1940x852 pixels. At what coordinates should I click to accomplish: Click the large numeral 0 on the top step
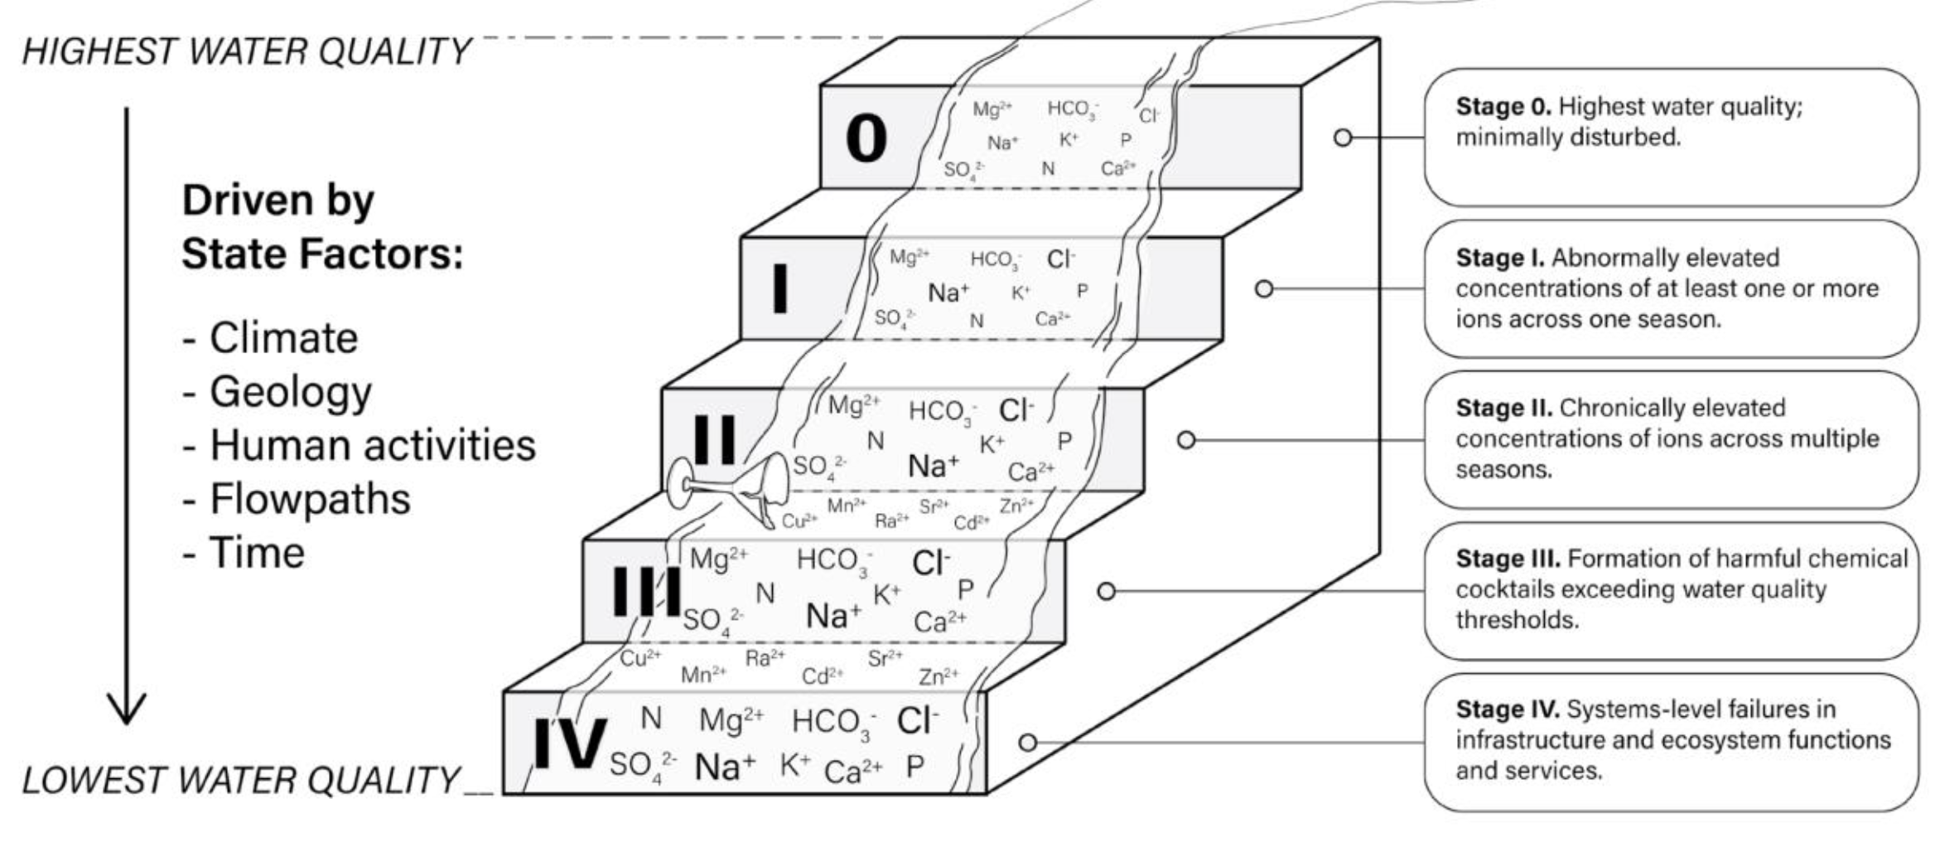click(866, 138)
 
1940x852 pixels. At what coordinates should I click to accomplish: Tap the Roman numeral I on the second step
click(779, 288)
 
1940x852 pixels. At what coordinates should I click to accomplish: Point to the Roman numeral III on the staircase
click(647, 592)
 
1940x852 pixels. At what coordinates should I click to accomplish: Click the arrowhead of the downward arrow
click(127, 709)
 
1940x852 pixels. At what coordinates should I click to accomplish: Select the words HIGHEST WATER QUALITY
click(246, 51)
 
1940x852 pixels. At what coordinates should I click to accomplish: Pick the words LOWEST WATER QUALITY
click(240, 780)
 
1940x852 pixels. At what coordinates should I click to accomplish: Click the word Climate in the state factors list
click(283, 338)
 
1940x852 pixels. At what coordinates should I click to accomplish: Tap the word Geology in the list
click(290, 392)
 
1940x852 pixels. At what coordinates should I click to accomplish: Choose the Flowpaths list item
click(310, 499)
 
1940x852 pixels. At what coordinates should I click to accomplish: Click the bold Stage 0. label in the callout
click(1503, 107)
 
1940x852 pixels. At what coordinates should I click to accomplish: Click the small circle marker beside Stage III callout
click(1107, 591)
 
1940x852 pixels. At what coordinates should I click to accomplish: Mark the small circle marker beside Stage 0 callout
click(1343, 138)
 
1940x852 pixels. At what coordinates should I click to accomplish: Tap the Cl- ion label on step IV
click(917, 721)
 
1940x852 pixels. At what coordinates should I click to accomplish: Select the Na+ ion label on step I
click(948, 293)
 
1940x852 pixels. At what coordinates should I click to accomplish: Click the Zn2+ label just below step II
click(1016, 506)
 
